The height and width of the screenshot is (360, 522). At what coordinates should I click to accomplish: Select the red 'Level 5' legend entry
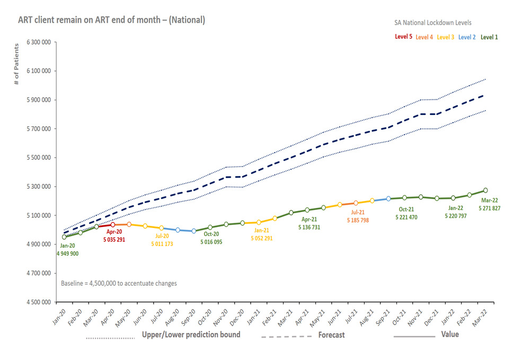point(404,37)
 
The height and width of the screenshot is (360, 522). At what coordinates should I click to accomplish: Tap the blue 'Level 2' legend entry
point(467,37)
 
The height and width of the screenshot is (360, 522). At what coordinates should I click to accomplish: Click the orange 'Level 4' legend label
point(424,37)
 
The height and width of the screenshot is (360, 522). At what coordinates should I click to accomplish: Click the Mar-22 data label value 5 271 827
point(489,208)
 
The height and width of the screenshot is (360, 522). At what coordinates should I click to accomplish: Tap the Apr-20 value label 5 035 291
point(114,240)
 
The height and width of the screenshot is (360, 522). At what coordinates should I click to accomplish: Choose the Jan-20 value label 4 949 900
point(67,254)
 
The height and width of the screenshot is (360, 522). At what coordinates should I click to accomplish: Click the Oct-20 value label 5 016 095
point(211,242)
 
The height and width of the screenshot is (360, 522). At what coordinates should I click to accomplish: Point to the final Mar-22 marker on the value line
point(485,190)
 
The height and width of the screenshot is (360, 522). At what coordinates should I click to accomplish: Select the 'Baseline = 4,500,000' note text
point(119,284)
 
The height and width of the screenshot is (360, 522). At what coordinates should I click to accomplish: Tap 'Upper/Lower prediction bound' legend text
point(191,335)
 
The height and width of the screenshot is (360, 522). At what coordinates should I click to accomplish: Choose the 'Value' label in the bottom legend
point(450,335)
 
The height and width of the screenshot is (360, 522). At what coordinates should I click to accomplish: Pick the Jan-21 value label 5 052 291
point(262,238)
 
